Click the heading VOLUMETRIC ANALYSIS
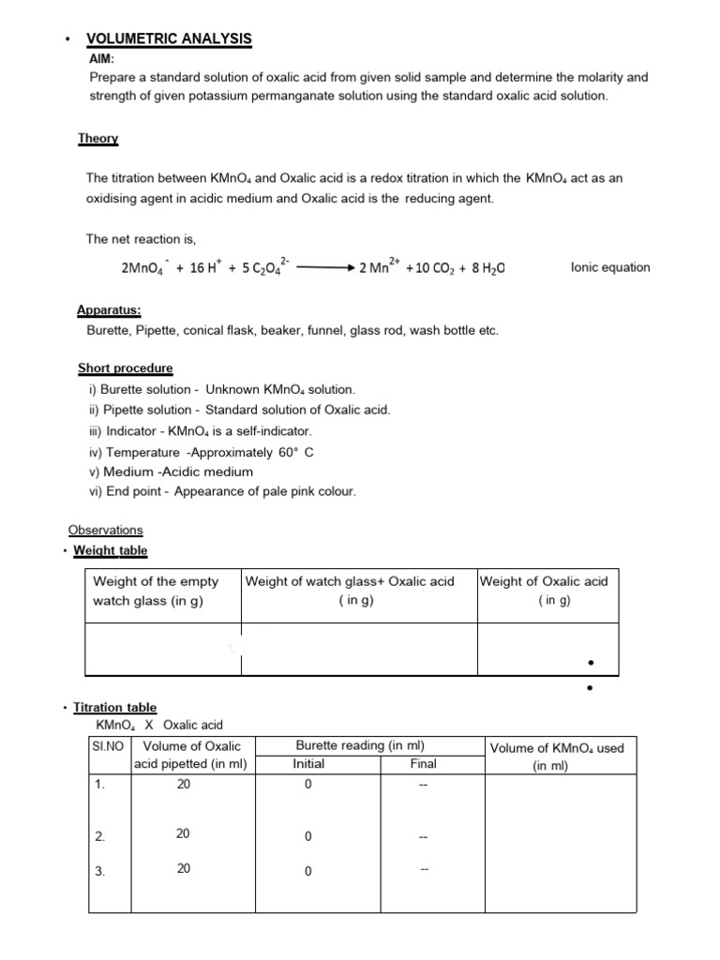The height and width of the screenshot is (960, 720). click(169, 38)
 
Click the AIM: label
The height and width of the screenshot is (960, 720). click(100, 58)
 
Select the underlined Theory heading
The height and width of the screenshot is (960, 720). click(97, 139)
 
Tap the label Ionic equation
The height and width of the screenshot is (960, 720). click(609, 267)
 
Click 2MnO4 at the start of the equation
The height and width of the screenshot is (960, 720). click(143, 268)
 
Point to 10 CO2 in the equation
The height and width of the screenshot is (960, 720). click(430, 268)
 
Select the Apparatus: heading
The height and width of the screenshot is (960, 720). click(109, 310)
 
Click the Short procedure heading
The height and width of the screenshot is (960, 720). click(125, 368)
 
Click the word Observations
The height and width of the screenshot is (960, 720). click(105, 530)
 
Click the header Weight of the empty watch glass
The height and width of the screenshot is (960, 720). click(156, 591)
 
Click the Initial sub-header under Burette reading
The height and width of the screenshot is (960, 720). click(308, 764)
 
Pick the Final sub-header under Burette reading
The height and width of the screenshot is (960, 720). click(423, 764)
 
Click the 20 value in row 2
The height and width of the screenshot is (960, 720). click(184, 832)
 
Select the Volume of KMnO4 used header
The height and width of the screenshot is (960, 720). click(556, 757)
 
